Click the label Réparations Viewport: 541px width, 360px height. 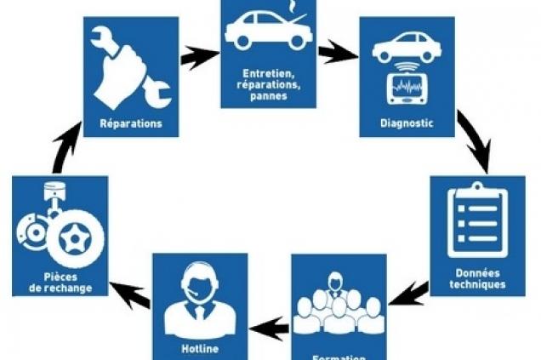tap(130, 122)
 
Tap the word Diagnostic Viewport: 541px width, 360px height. tap(407, 122)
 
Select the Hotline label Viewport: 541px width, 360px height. tap(200, 348)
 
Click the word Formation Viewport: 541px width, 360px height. tap(339, 356)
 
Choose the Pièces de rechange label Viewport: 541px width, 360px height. tap(59, 282)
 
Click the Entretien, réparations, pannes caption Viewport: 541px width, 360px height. tap(269, 84)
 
